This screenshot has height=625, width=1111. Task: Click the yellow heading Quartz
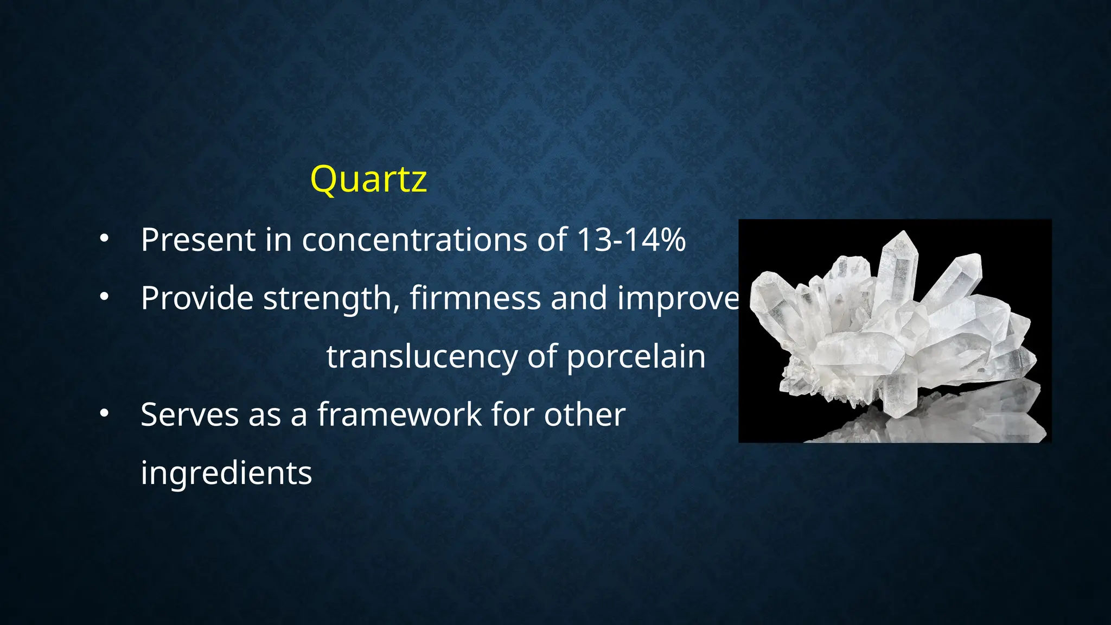pos(368,179)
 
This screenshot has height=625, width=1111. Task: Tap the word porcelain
pos(636,357)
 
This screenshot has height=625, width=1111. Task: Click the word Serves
pos(189,415)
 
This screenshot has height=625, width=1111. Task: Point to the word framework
pos(399,415)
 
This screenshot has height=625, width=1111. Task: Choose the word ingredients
pos(226,473)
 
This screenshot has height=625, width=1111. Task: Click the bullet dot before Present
pos(104,239)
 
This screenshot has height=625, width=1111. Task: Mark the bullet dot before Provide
pos(104,297)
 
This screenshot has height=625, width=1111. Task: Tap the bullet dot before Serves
pos(104,414)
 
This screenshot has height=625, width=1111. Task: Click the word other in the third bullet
pos(585,415)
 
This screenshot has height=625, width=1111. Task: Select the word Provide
pos(197,298)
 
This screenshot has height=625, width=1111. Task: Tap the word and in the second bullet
pos(579,298)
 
